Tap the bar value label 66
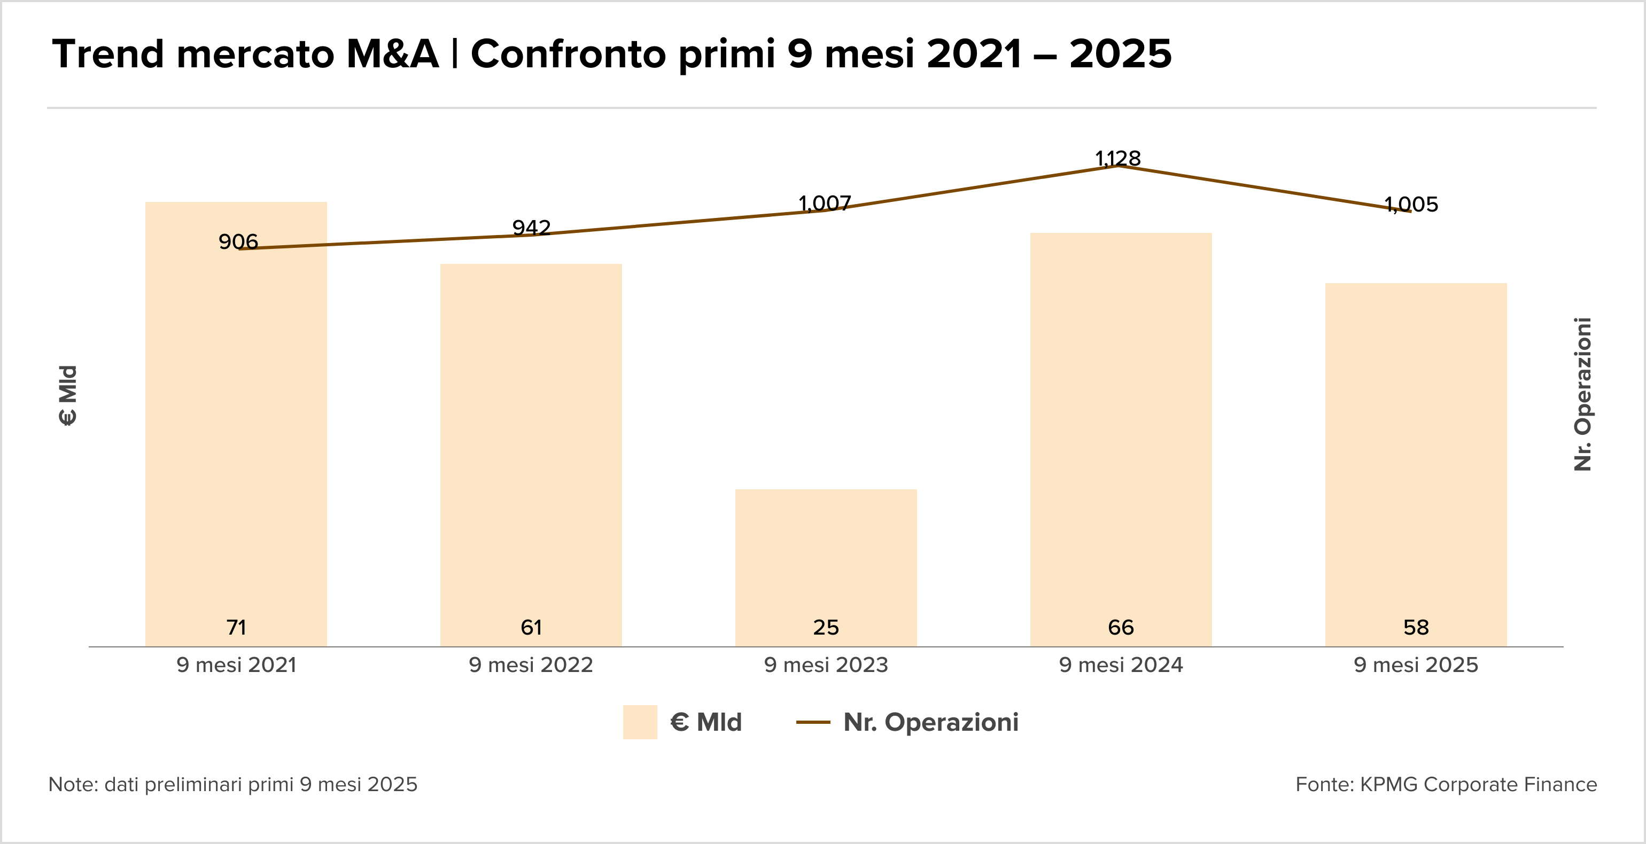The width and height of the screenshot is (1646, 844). click(x=1121, y=628)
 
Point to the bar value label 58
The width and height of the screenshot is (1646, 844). click(x=1416, y=628)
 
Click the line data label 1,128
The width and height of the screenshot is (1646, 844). click(x=1117, y=158)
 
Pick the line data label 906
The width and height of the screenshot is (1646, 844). click(x=238, y=241)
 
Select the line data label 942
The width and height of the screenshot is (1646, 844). click(x=531, y=228)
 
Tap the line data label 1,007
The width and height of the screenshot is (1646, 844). click(x=824, y=203)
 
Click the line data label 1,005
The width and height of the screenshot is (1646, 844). click(x=1411, y=205)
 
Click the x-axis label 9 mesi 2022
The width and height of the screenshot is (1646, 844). click(x=531, y=665)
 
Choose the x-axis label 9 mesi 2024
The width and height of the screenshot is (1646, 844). click(x=1121, y=665)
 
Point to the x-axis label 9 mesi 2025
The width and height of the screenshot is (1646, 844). click(x=1416, y=665)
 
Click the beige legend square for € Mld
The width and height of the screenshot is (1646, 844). click(x=640, y=722)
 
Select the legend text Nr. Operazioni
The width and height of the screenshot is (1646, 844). click(x=930, y=722)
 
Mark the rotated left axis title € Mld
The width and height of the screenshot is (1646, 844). click(x=68, y=395)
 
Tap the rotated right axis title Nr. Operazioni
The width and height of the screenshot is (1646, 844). click(x=1583, y=394)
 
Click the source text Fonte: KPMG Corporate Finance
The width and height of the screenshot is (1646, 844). click(x=1446, y=784)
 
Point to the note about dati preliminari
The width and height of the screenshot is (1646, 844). click(x=232, y=784)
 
